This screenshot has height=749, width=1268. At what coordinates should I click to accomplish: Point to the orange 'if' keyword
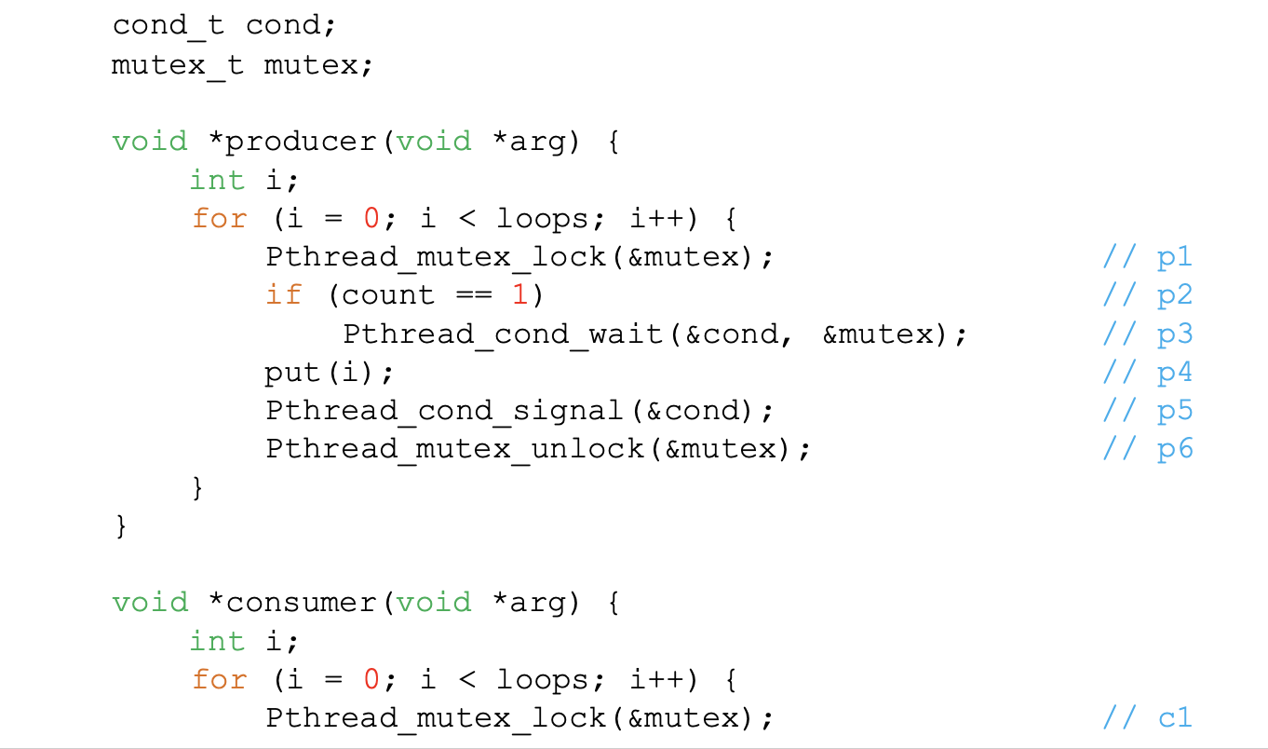coord(284,295)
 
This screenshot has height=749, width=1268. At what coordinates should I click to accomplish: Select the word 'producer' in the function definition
coord(302,142)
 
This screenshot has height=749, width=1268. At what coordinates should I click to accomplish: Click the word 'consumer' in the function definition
coord(302,603)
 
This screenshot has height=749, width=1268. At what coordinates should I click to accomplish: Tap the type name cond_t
coord(169,25)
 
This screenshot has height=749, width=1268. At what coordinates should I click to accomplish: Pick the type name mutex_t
coord(178,66)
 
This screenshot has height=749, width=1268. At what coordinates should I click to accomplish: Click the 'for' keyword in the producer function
coord(220,219)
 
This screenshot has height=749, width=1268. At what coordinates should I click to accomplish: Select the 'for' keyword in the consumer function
coord(220,680)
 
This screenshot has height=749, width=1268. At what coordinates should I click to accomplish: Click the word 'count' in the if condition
coord(388,295)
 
